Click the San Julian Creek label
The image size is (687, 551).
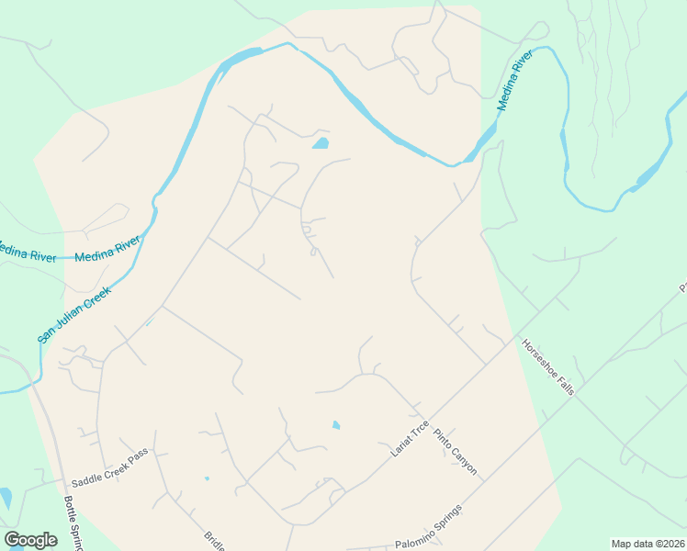coord(74,314)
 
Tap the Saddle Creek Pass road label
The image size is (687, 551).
coord(109,469)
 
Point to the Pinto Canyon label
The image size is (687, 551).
coord(456,452)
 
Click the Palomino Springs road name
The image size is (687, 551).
coord(429,528)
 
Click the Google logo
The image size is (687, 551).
coord(30,540)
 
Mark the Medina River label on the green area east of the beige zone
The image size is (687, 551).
coord(515,83)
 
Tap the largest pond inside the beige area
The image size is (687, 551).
coord(321,143)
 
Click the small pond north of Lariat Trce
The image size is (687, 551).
coord(336,425)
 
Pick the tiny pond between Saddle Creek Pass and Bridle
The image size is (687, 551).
coord(207,478)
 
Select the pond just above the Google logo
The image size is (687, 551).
coord(6,498)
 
